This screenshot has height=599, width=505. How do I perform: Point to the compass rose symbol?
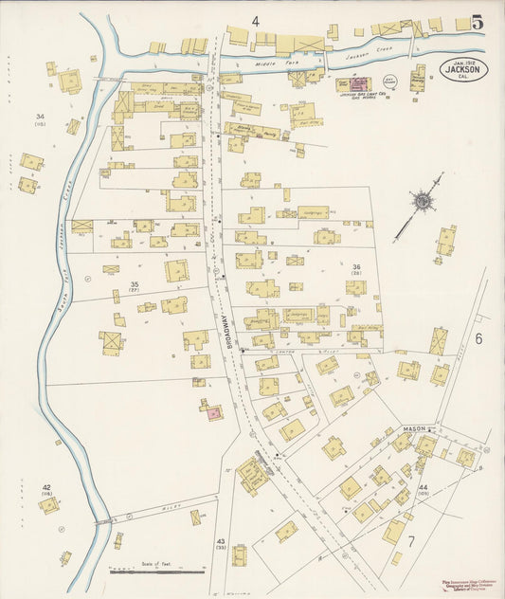pos(420,201)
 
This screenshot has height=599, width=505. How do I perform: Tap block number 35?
pos(135,284)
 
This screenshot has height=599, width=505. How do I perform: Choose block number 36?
pos(357,267)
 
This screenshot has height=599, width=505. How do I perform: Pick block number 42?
pos(46,487)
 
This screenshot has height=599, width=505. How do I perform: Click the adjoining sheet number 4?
pos(255,20)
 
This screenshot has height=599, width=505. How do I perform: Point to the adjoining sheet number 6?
pos(478,338)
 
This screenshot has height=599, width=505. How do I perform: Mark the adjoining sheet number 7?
pos(411,541)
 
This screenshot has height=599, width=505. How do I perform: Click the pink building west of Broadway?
pos(213,411)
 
